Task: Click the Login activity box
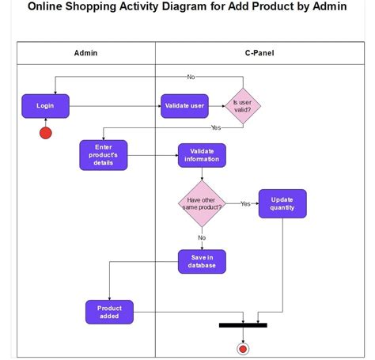point(45,106)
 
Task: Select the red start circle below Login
point(46,132)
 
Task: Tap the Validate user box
point(184,106)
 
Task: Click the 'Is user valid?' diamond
point(243,106)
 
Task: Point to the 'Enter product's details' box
point(104,155)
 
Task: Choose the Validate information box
point(202,155)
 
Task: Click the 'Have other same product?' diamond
point(202,203)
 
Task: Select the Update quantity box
point(282,203)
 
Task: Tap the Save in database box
point(202,262)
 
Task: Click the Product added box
point(109,312)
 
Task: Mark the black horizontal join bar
point(243,324)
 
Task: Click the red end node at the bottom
point(243,348)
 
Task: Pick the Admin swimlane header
point(85,54)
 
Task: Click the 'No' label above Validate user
point(191,77)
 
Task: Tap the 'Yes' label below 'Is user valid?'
point(215,127)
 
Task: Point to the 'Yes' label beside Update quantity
point(245,203)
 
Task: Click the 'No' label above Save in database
point(202,237)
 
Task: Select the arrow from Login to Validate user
point(115,106)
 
